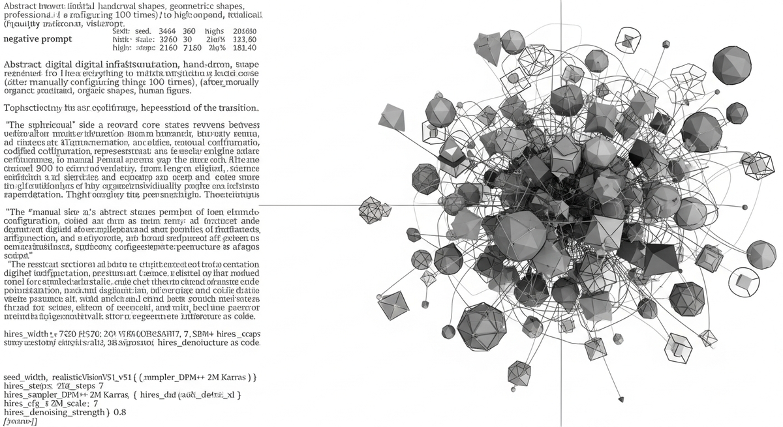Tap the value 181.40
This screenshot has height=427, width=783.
tap(244, 48)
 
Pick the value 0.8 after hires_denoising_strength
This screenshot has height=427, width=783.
tap(120, 413)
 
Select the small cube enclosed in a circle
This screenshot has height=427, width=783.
tap(743, 281)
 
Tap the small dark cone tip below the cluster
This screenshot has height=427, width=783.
tap(621, 398)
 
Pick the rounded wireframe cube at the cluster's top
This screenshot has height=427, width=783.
tap(628, 40)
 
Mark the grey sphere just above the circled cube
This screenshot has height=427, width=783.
tap(761, 254)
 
